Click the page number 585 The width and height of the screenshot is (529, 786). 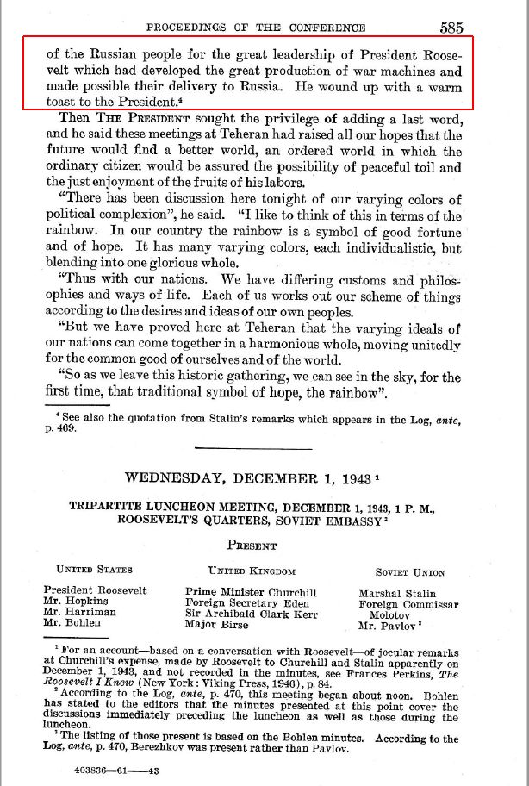click(x=451, y=28)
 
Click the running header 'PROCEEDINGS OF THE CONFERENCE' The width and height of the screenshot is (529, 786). click(x=256, y=28)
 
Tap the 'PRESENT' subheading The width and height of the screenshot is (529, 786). click(x=252, y=546)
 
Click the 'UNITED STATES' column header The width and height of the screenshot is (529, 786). click(x=95, y=571)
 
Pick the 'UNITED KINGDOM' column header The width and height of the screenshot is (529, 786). click(x=252, y=571)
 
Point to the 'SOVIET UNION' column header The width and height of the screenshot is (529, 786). click(x=410, y=571)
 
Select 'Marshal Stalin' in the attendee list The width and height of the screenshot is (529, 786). click(x=397, y=593)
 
